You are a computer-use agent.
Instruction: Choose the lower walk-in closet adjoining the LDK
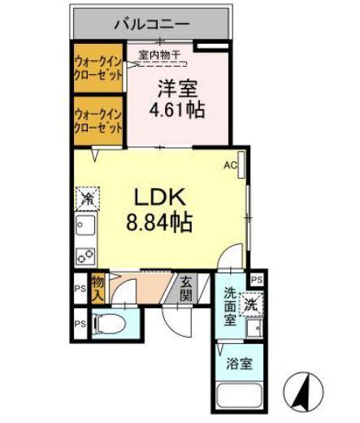(98, 120)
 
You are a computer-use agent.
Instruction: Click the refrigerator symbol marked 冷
(86, 198)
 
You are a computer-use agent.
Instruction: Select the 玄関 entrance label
(186, 288)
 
